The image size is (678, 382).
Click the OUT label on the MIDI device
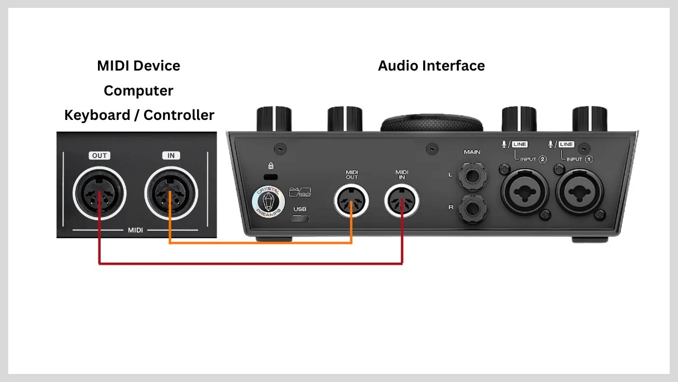(x=100, y=155)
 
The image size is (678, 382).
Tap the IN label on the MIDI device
(x=171, y=155)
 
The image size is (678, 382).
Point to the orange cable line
(x=260, y=243)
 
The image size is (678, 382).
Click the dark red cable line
(x=249, y=263)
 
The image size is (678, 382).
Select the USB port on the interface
(x=300, y=219)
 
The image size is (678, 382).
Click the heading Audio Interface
(x=431, y=66)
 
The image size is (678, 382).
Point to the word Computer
(x=138, y=91)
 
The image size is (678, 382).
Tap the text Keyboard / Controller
(x=139, y=115)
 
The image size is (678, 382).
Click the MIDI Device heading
(x=138, y=66)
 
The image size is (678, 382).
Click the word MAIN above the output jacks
(x=472, y=152)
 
